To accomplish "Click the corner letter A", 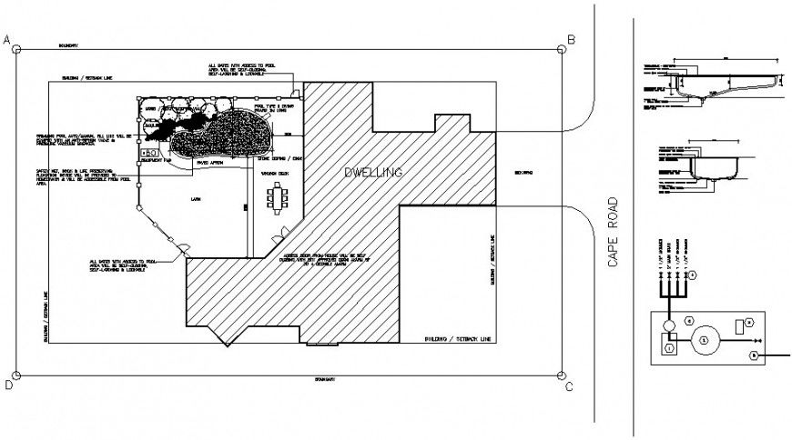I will [x=6, y=41].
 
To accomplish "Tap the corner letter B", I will [x=572, y=39].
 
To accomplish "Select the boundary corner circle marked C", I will [x=562, y=374].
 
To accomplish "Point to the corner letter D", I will [x=6, y=385].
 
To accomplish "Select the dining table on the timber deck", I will [x=277, y=197].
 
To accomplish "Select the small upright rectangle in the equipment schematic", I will [x=738, y=325].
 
